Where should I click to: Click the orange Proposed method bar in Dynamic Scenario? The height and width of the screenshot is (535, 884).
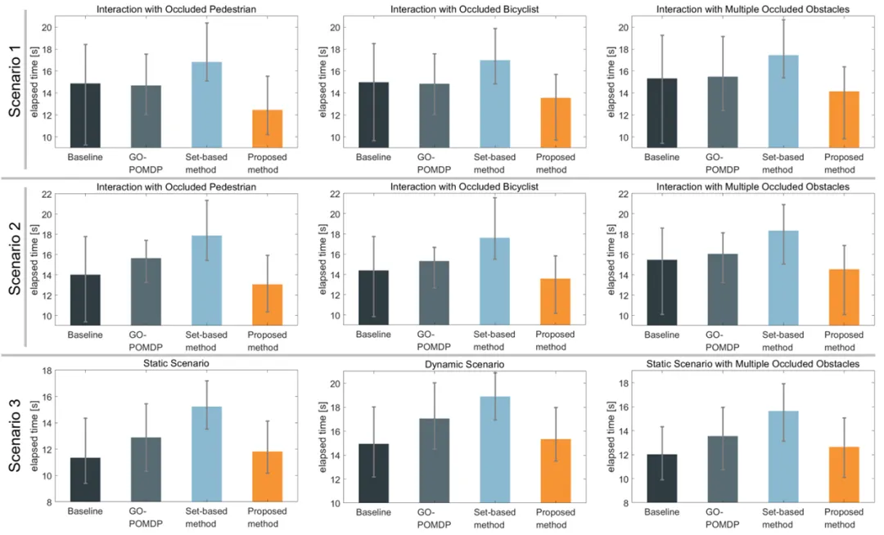click(554, 470)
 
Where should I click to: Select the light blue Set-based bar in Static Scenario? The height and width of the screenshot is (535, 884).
click(205, 454)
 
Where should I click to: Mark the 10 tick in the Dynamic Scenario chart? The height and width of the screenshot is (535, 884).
click(346, 503)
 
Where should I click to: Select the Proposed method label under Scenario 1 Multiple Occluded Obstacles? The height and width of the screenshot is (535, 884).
click(844, 163)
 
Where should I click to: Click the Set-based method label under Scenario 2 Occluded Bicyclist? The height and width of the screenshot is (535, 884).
click(494, 339)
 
